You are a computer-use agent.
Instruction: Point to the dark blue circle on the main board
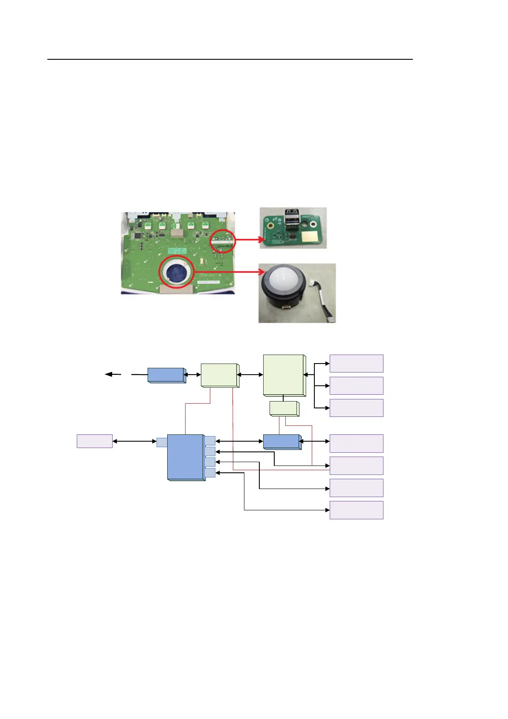[177, 272]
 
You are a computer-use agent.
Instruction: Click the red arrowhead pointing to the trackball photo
[261, 272]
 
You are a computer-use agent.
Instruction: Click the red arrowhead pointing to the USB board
[261, 239]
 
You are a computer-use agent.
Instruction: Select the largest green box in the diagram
[284, 375]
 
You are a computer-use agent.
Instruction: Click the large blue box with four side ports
[185, 457]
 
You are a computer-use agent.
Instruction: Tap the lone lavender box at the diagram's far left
[94, 441]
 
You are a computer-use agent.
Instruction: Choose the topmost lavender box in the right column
[356, 364]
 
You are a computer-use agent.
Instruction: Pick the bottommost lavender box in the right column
[356, 510]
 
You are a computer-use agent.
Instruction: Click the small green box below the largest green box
[284, 408]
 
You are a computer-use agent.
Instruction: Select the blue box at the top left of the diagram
[166, 375]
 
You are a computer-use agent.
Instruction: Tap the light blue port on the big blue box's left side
[162, 442]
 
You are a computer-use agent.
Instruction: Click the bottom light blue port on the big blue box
[210, 473]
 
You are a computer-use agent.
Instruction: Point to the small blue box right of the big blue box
[282, 442]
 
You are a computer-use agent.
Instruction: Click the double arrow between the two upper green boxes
[251, 375]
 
